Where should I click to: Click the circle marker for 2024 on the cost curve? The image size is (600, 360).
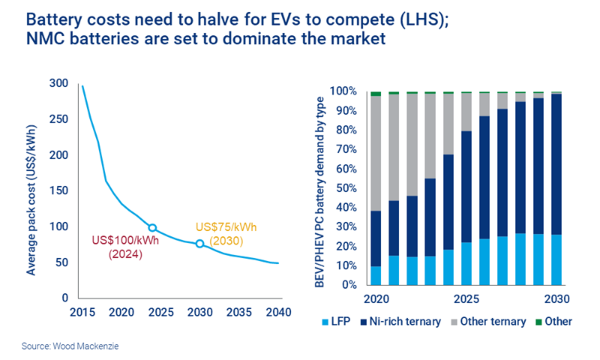(x=152, y=228)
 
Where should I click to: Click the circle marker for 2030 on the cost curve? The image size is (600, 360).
(x=199, y=244)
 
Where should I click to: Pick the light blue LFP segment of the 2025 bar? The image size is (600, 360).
(x=466, y=263)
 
